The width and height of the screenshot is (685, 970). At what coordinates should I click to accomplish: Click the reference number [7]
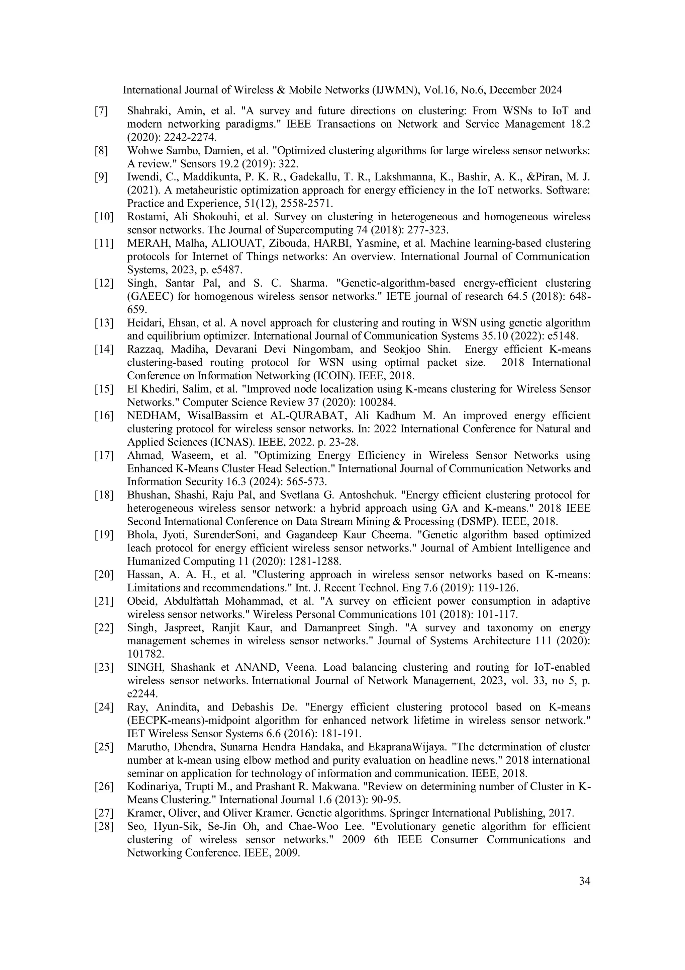point(101,111)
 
